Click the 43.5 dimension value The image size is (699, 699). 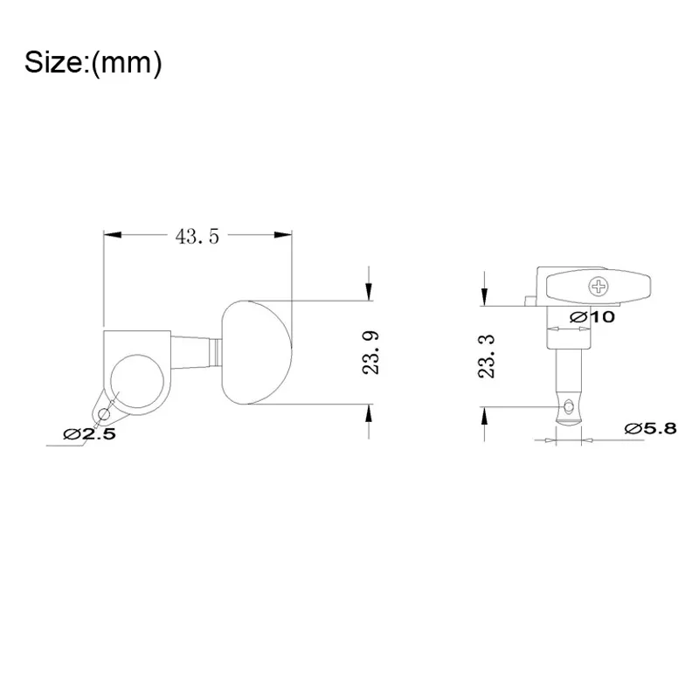[197, 236]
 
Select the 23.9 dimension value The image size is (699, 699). [370, 353]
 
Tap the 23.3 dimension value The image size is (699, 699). [487, 356]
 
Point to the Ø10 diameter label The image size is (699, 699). [592, 317]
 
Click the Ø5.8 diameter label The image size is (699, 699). [650, 428]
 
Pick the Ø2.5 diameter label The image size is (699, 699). [90, 433]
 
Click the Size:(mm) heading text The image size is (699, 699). [93, 62]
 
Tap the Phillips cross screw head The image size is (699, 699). [599, 287]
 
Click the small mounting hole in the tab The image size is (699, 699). [103, 414]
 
